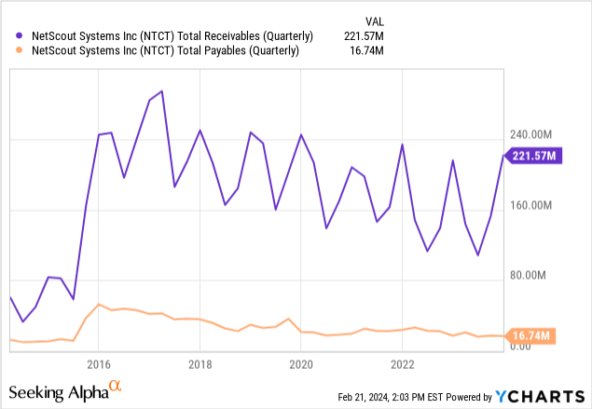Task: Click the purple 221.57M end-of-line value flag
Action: coord(532,157)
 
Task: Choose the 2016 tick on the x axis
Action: coord(99,362)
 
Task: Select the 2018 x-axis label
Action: coord(200,362)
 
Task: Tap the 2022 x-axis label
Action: coord(402,362)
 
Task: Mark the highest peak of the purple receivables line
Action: coord(162,91)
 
